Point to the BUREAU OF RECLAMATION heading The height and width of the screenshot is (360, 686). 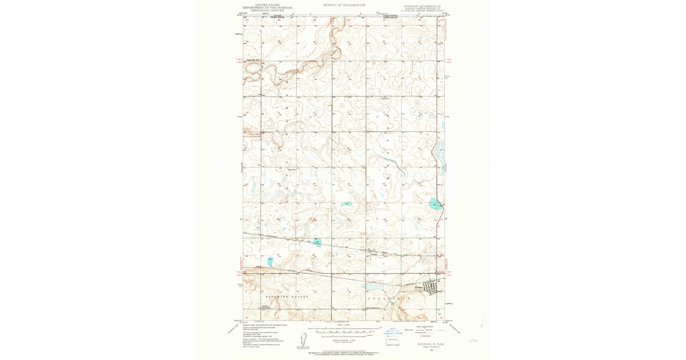point(344,5)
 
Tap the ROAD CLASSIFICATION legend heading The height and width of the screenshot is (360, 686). point(420,326)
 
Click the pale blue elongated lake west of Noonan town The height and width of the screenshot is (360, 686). point(373,287)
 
